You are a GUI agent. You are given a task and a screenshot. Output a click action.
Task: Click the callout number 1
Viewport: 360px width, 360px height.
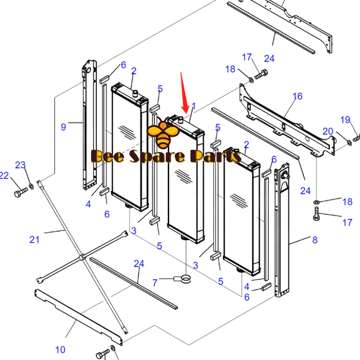194,106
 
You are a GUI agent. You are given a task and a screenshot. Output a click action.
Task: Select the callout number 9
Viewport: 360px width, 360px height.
63,127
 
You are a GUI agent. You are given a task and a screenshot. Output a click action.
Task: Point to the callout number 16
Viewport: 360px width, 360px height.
297,96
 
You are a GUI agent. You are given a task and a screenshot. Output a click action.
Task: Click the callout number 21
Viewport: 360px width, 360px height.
34,239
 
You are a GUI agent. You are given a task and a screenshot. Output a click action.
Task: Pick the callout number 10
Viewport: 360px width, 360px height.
60,349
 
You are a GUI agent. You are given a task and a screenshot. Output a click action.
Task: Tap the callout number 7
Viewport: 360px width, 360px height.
155,283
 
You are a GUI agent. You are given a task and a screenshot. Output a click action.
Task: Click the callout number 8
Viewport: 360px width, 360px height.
315,240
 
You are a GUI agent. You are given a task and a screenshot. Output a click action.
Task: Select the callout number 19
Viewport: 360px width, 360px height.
345,120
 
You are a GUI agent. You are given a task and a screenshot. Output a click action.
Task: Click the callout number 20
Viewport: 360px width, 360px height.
328,131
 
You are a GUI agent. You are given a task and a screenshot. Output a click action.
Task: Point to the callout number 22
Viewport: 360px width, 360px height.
4,176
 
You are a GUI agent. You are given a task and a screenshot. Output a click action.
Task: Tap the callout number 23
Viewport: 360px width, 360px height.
20,165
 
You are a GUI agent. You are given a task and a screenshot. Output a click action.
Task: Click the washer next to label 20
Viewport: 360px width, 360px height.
349,144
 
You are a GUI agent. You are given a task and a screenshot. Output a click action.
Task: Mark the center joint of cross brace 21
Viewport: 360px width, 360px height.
82,257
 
